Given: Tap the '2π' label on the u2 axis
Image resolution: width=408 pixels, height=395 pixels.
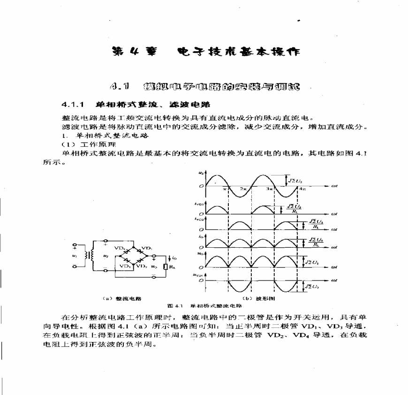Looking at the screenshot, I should point(243,189).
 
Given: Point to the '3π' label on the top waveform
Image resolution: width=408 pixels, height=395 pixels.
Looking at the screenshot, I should point(271,189).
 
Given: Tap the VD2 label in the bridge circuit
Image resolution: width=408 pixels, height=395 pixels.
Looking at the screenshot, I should point(143,266).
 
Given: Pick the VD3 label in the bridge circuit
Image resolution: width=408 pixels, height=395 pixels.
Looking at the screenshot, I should point(124,266).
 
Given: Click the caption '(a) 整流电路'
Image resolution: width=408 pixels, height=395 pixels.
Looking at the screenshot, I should point(122,298).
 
